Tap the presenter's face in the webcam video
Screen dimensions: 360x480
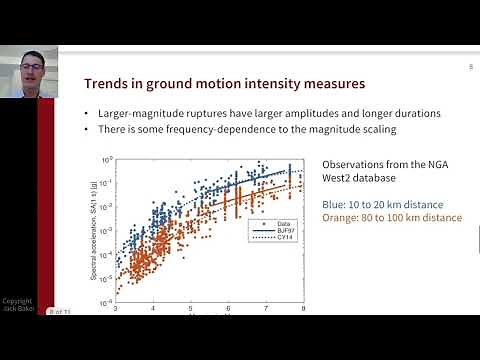(x=27, y=70)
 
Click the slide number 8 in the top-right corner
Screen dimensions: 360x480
(x=469, y=67)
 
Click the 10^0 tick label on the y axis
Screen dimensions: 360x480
(x=107, y=159)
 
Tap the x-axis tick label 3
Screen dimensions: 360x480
(x=117, y=310)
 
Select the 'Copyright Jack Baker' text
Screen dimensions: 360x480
(x=17, y=305)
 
